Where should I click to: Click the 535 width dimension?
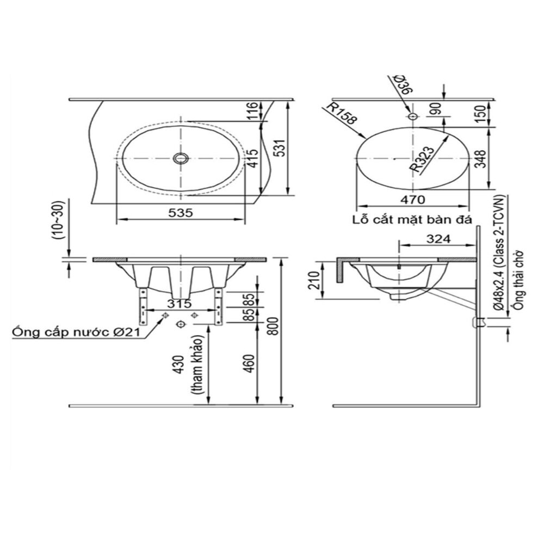click(x=181, y=213)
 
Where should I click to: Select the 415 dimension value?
click(x=251, y=159)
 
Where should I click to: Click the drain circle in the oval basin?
click(x=180, y=158)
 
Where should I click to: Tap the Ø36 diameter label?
click(x=403, y=86)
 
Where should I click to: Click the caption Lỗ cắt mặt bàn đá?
click(x=411, y=219)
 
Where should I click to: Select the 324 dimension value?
click(x=437, y=238)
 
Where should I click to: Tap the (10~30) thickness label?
click(x=59, y=220)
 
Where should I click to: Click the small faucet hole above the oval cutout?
click(x=412, y=116)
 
